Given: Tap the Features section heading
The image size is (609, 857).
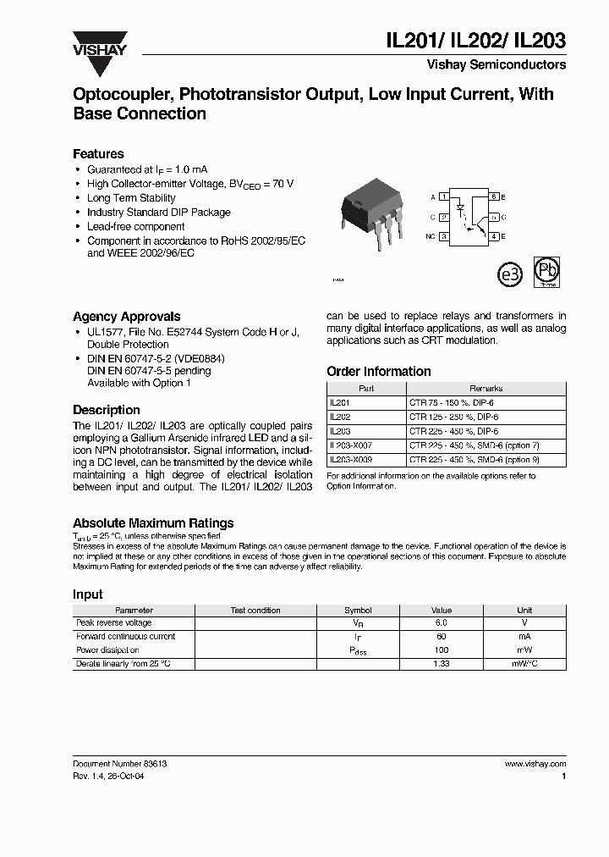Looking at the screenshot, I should pos(98,154).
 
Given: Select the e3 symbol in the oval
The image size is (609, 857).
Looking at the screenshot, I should pos(509,275).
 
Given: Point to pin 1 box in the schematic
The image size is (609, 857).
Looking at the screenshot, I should pos(443,196).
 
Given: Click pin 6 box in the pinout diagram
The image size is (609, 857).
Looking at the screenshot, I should pos(494,196).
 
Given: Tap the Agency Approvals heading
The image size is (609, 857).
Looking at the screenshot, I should pos(126,317).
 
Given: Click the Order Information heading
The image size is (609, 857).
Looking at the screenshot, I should pos(378,372).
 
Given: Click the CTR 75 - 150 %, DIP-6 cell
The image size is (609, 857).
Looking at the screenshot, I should pos(454,403).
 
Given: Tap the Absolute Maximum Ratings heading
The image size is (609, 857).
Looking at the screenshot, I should pos(153,523).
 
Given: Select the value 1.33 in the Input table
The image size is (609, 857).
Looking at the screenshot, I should pos(442,664).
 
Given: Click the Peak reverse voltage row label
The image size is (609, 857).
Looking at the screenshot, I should pos(114,623).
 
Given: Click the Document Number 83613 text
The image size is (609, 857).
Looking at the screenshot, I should pos(119,764).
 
